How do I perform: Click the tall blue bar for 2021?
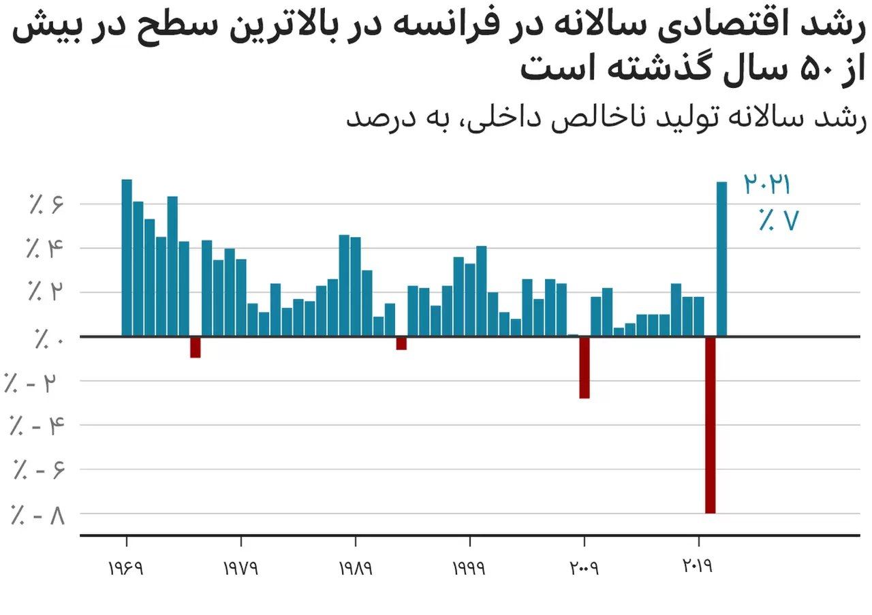click(x=721, y=259)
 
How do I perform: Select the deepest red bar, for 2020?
click(x=711, y=424)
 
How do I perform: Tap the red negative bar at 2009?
click(x=585, y=367)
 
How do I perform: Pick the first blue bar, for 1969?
click(x=127, y=257)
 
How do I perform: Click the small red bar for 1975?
click(x=196, y=347)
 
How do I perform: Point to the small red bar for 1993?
click(x=401, y=343)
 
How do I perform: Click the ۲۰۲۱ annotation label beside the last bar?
click(x=766, y=185)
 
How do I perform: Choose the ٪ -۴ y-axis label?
click(x=37, y=426)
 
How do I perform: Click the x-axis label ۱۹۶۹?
click(x=126, y=568)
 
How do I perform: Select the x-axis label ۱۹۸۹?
click(x=355, y=568)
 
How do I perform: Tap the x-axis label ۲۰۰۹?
click(x=583, y=568)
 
